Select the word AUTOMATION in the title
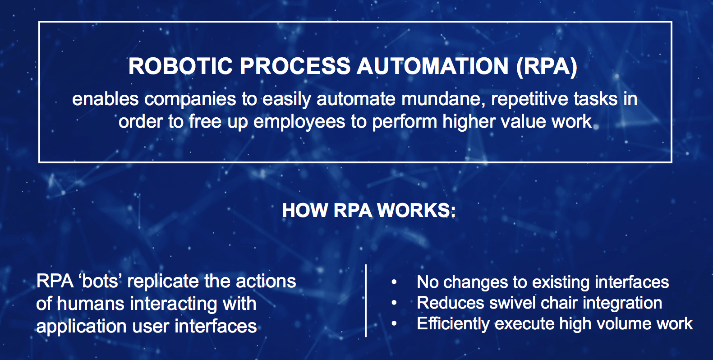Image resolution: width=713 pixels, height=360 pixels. (x=433, y=66)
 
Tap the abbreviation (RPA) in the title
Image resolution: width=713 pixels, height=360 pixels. (x=547, y=66)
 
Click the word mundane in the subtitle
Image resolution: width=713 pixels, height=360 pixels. (x=443, y=99)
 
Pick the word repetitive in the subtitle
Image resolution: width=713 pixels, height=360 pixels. (x=529, y=99)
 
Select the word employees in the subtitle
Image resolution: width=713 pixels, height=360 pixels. (x=299, y=122)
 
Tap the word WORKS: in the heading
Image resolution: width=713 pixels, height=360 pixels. (x=416, y=211)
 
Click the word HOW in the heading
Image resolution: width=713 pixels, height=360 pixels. (x=305, y=211)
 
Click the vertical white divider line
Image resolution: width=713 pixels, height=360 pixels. (x=365, y=300)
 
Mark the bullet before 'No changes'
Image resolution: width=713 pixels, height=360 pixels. (x=394, y=282)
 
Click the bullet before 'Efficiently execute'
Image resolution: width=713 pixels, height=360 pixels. (x=394, y=323)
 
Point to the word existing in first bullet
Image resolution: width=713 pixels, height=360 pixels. (x=561, y=282)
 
